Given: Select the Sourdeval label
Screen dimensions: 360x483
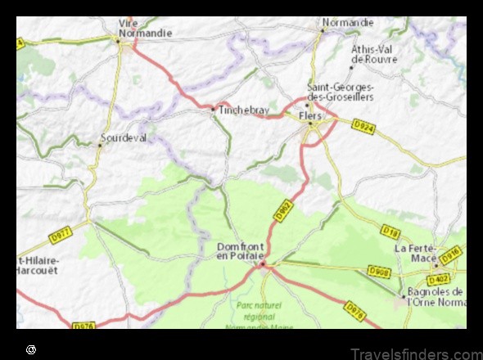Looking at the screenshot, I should pyautogui.click(x=124, y=138).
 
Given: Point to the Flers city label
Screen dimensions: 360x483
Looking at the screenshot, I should pyautogui.click(x=311, y=116).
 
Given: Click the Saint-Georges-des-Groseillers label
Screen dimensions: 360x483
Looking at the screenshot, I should pyautogui.click(x=340, y=92).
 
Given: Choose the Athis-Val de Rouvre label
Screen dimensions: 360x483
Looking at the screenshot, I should pyautogui.click(x=374, y=53).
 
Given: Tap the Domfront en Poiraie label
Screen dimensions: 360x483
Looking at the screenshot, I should pyautogui.click(x=240, y=251).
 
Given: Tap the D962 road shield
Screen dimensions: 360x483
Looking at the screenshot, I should pyautogui.click(x=282, y=213).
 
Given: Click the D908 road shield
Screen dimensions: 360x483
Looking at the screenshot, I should pyautogui.click(x=379, y=269).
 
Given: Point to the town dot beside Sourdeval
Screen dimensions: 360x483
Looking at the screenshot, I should pyautogui.click(x=101, y=144).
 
